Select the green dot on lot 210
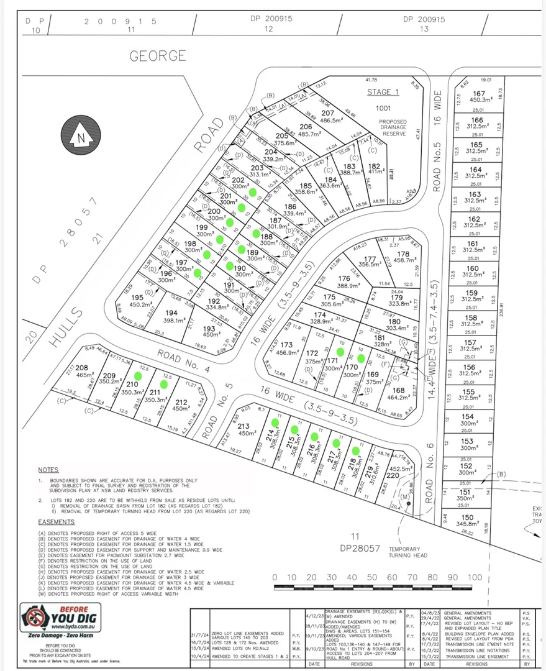(138, 375)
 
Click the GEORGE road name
(158, 56)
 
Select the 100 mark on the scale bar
(475, 578)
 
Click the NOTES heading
(48, 470)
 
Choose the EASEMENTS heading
(56, 522)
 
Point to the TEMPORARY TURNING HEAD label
(409, 553)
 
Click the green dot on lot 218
(355, 450)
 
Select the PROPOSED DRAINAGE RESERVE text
(393, 127)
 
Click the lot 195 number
(137, 298)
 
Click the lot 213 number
(243, 426)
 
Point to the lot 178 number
(403, 253)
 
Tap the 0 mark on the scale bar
(275, 578)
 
